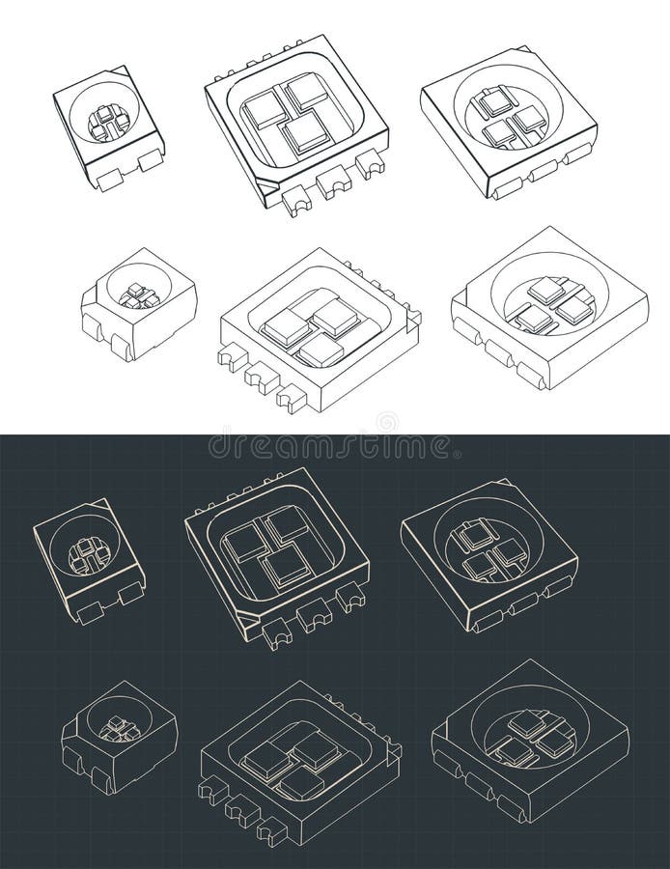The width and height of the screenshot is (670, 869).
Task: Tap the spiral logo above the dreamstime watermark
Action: click(386, 423)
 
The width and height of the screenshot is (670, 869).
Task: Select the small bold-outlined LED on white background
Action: click(108, 126)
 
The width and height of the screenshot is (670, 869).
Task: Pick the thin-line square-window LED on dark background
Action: click(299, 763)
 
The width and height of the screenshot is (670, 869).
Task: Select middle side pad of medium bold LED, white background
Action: click(541, 171)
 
